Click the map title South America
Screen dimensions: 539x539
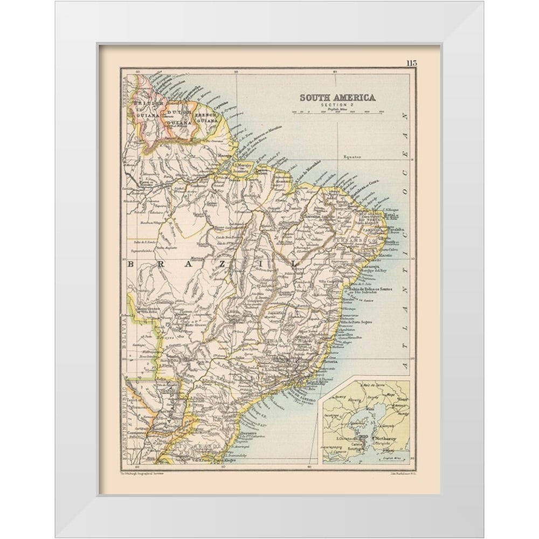pyautogui.click(x=337, y=98)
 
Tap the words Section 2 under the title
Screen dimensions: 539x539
pyautogui.click(x=337, y=105)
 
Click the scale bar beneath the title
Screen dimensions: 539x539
pyautogui.click(x=337, y=112)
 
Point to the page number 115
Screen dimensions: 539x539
pyautogui.click(x=412, y=63)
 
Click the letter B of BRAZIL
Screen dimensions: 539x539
pyautogui.click(x=131, y=264)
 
